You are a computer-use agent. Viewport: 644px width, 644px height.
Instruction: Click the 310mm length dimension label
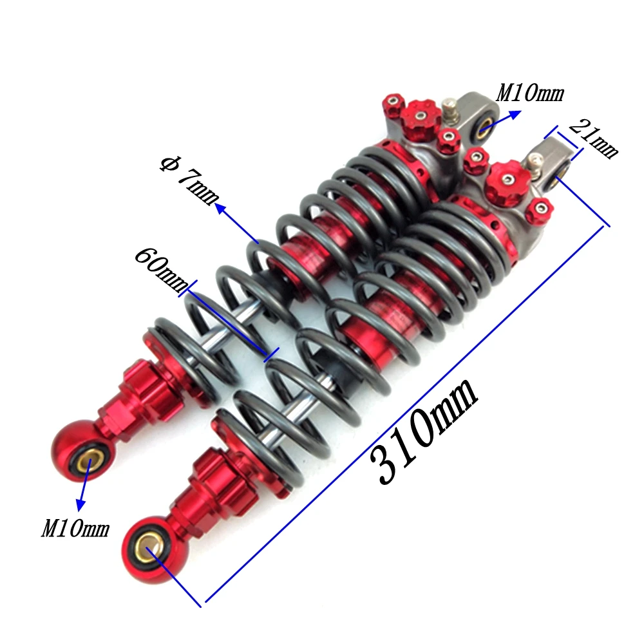(424, 431)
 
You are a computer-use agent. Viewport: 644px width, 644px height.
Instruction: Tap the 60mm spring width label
(161, 269)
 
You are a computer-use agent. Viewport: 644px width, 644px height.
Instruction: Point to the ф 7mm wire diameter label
(189, 181)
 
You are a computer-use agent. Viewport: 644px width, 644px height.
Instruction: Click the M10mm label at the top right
(530, 93)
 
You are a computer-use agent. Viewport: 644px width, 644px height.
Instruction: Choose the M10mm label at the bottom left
(75, 528)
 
